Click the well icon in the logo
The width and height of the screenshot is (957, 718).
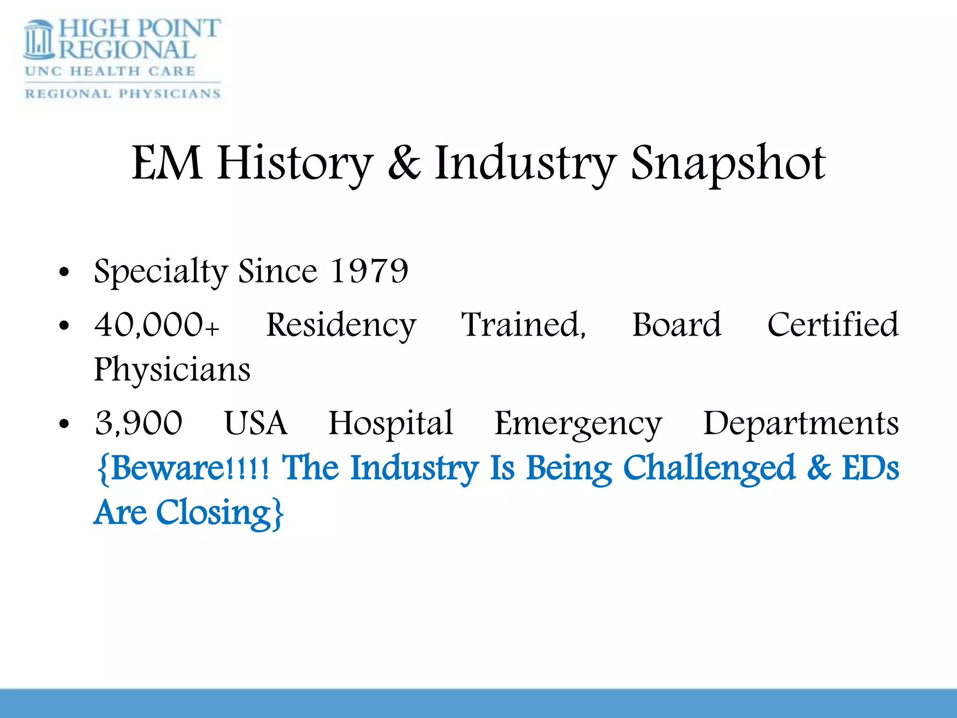tap(39, 41)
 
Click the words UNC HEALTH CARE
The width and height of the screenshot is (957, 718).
tap(110, 71)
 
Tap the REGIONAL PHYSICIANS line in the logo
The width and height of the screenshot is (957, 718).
tap(122, 93)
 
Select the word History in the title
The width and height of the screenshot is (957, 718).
tap(295, 164)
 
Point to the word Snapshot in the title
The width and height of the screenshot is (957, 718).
tap(728, 164)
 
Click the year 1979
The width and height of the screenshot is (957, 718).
tap(369, 271)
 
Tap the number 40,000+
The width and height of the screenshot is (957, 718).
tap(157, 324)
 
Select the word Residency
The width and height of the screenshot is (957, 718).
tap(341, 325)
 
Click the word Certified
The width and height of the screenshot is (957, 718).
tap(833, 324)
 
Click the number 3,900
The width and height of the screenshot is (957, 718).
tap(139, 423)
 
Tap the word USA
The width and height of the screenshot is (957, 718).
tap(256, 423)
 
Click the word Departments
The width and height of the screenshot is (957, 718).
tap(801, 424)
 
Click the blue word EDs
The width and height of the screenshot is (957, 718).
tap(871, 468)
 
